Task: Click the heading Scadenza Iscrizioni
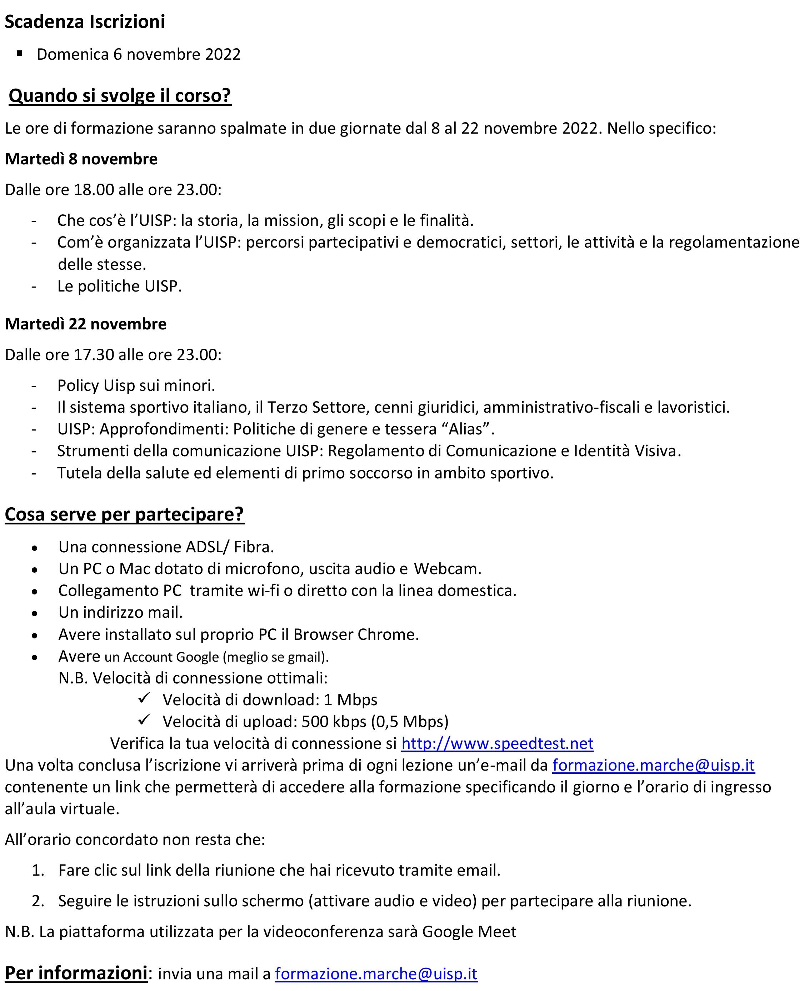pos(85,22)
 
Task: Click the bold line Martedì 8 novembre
pos(81,159)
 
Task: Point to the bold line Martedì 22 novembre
pos(85,324)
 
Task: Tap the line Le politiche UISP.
pos(119,286)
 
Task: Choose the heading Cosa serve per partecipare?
pos(124,514)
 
